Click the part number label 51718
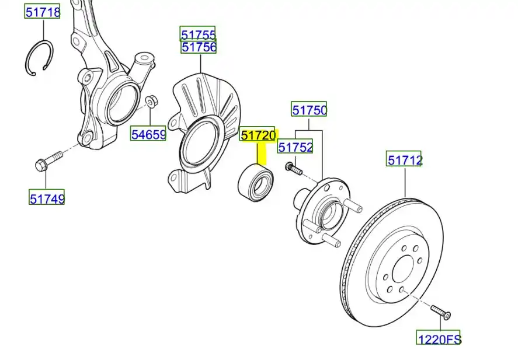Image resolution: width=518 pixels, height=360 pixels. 42,12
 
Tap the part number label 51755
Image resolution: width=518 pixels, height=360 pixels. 197,34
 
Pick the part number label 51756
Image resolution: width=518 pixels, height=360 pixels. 199,47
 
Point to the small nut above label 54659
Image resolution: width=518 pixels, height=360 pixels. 152,100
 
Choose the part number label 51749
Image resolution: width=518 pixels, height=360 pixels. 47,198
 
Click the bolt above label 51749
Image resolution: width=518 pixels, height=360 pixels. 48,160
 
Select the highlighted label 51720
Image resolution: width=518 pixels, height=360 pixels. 258,134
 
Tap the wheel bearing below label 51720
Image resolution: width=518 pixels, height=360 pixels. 256,183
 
